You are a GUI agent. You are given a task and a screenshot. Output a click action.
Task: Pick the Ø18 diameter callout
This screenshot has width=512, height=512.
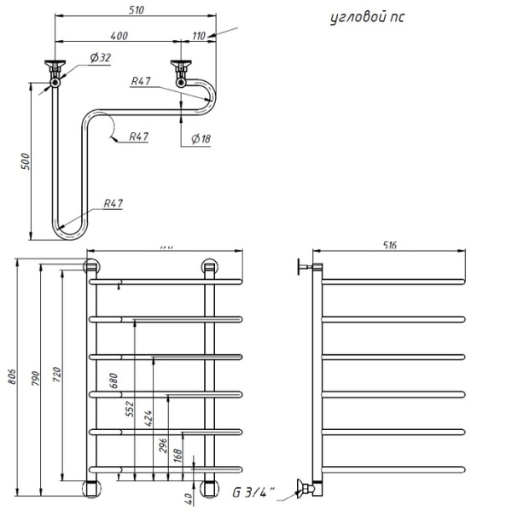coord(201,138)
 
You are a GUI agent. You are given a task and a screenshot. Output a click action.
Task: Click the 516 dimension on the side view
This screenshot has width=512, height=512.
coord(391,245)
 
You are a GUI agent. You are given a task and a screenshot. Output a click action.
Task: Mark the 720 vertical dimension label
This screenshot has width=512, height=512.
coord(56,373)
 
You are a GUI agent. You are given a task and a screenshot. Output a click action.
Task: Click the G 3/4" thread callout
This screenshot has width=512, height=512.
coord(251,491)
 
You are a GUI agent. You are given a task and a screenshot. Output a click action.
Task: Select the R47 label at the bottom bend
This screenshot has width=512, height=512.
coord(113,204)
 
